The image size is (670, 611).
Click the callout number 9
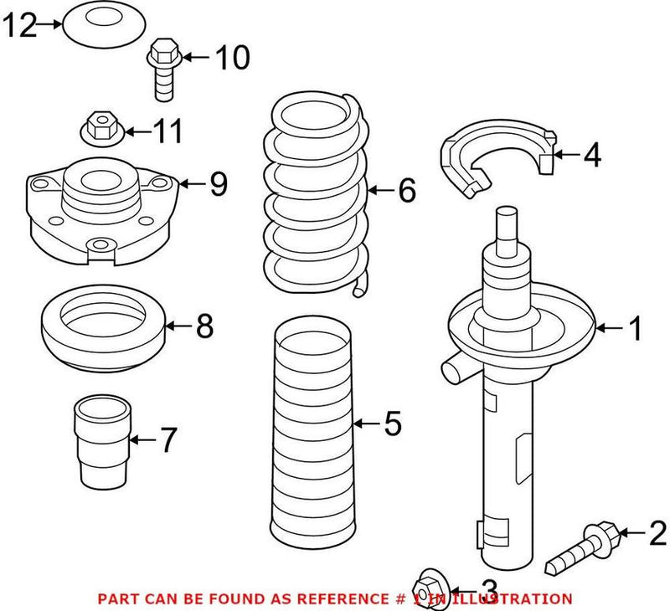[218, 184]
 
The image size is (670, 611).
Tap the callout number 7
[168, 439]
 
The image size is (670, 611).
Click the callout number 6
[406, 192]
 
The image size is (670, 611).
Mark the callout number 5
[393, 425]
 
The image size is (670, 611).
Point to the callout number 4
[591, 155]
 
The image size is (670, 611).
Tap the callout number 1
[635, 329]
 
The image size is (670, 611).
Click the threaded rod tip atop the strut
[508, 224]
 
